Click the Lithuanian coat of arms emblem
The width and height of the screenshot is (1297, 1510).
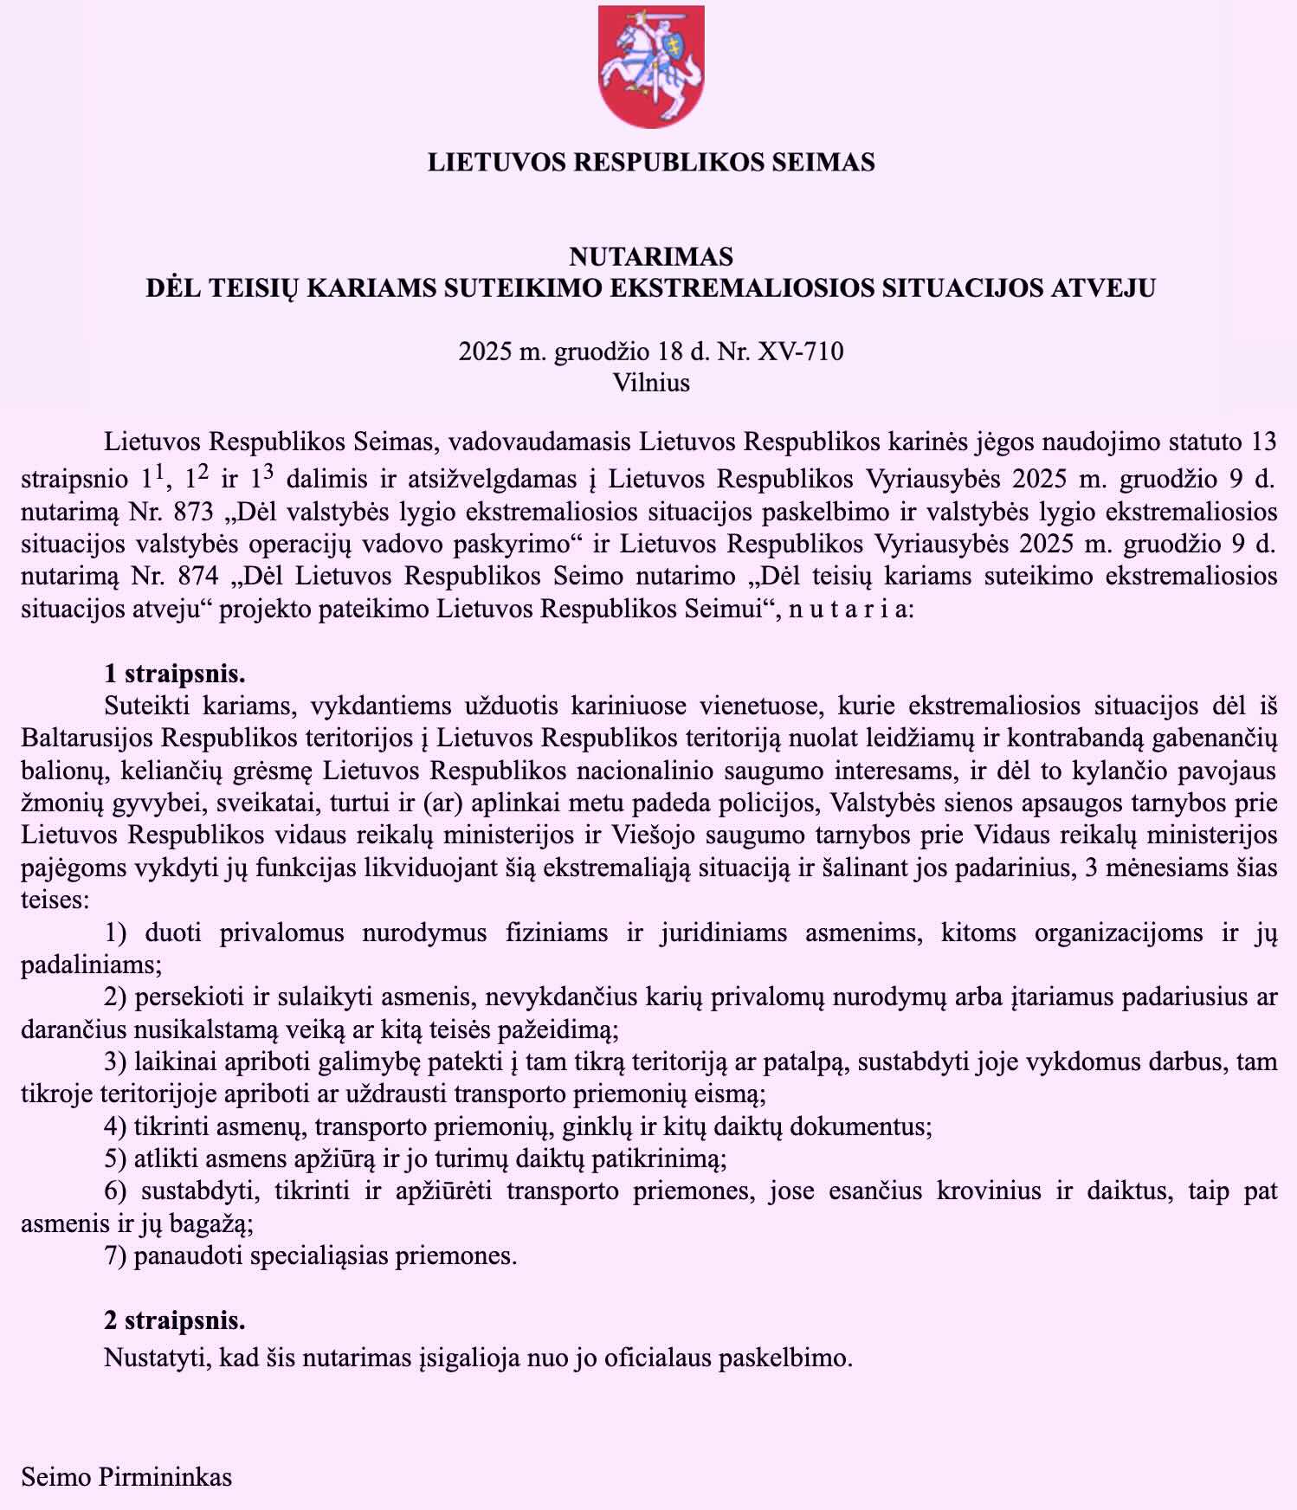point(651,66)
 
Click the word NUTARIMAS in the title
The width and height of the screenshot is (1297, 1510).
point(651,256)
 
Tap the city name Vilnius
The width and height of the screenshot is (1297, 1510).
point(651,383)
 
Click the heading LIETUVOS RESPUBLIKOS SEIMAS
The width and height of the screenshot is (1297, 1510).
point(651,162)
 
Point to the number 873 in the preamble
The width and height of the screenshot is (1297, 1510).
point(195,512)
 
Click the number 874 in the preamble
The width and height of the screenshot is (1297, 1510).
point(195,576)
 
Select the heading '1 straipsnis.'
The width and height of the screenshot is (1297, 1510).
point(175,674)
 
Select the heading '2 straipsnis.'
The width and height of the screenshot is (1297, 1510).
point(175,1320)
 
